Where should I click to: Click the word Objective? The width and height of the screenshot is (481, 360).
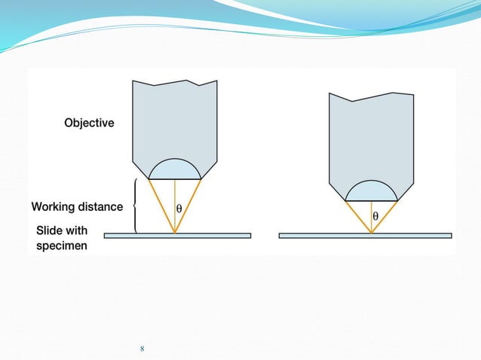click(x=89, y=123)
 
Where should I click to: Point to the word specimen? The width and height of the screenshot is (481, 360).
click(x=62, y=246)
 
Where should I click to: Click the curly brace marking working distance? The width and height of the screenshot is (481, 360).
click(x=136, y=206)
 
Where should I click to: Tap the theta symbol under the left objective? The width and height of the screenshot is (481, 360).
click(x=179, y=207)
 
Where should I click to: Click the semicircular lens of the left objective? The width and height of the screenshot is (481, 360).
click(x=175, y=169)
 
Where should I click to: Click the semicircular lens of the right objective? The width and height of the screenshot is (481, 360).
click(x=372, y=191)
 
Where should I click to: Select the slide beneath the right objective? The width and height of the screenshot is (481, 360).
click(x=422, y=236)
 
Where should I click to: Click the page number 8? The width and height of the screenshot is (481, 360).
click(x=142, y=349)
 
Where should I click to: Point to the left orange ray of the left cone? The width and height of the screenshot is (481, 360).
click(x=161, y=206)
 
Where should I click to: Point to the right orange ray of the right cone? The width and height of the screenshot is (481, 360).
click(x=385, y=216)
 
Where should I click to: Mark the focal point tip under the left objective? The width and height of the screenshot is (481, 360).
click(x=175, y=233)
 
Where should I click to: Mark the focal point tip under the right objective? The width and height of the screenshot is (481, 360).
click(x=372, y=233)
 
